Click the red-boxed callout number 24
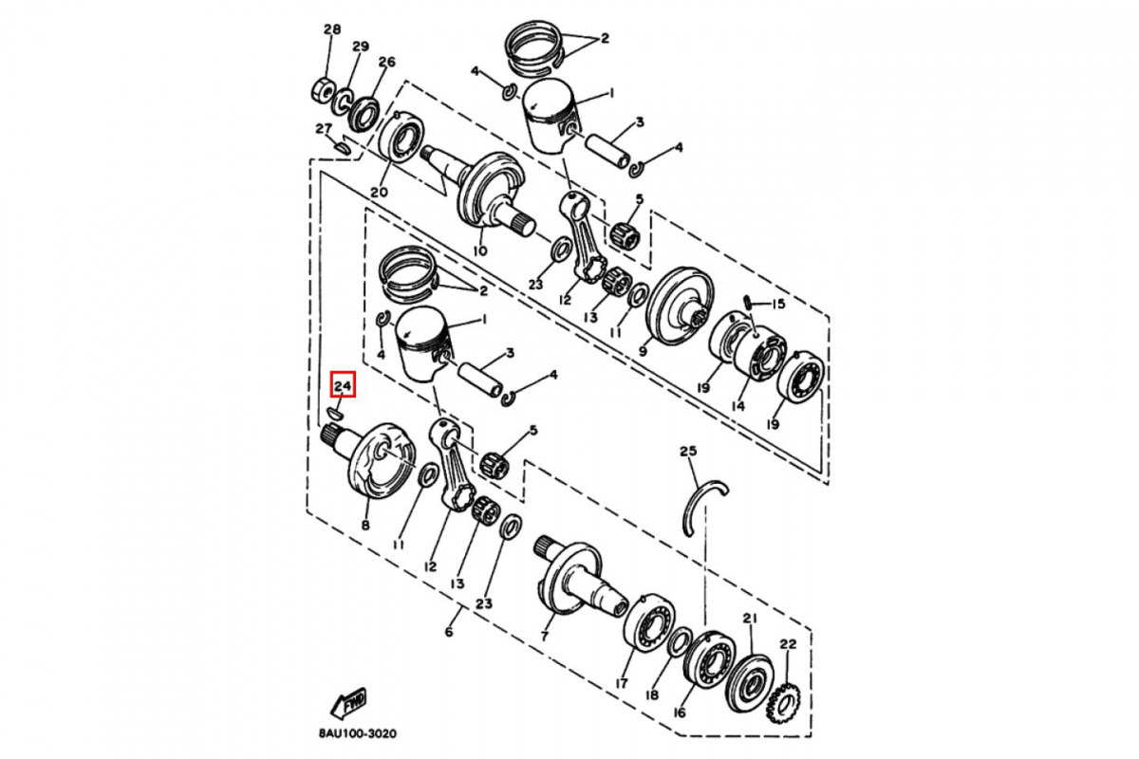click(344, 386)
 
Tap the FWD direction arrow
click(349, 703)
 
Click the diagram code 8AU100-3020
click(358, 733)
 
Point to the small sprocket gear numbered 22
click(783, 704)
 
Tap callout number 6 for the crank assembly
click(448, 632)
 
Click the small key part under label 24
click(335, 414)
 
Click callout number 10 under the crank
click(480, 250)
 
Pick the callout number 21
click(750, 619)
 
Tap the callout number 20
click(379, 193)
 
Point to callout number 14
click(738, 406)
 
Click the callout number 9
click(643, 351)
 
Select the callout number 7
click(545, 636)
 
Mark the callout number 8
click(365, 525)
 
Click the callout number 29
click(361, 46)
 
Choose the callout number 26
click(386, 62)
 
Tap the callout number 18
click(651, 694)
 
